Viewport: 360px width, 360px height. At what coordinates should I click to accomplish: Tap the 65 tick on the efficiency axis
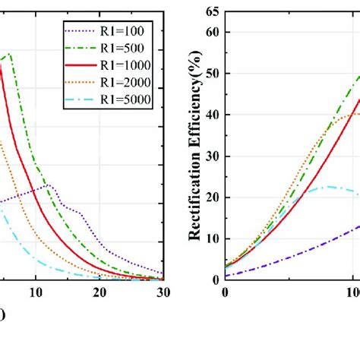212,11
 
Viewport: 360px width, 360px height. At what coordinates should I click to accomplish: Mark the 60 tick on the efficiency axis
212,32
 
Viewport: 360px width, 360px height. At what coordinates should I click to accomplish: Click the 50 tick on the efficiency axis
212,74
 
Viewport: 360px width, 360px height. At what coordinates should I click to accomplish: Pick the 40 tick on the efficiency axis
212,115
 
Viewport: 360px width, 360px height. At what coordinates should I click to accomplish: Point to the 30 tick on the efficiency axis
212,156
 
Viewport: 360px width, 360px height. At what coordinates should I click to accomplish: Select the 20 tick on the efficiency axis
212,197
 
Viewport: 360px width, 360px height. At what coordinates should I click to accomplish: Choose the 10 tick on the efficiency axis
212,238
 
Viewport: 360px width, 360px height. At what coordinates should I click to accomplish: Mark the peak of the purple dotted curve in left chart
49,185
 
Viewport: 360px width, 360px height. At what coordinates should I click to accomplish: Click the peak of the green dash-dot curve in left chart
10,54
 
